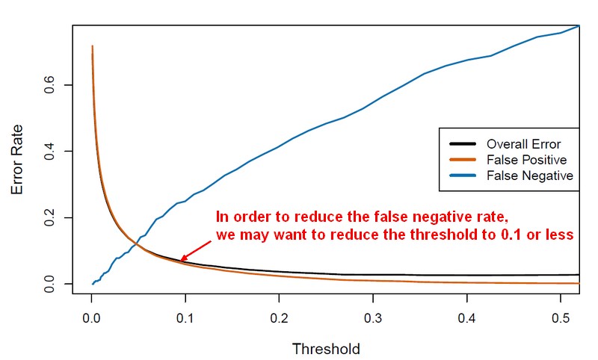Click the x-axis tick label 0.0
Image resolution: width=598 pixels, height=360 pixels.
click(92, 317)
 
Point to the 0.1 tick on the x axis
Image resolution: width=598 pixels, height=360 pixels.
click(185, 317)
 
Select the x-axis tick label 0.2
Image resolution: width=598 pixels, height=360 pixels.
click(280, 317)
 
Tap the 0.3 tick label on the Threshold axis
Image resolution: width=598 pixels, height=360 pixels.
click(373, 317)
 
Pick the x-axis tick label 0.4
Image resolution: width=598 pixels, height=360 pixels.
click(467, 317)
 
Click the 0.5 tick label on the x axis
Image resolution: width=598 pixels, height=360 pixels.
click(561, 317)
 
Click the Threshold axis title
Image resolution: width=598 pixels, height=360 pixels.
click(326, 348)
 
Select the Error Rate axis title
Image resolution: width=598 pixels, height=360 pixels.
click(18, 158)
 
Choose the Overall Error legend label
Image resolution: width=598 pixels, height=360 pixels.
click(523, 144)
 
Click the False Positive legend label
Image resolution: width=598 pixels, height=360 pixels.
click(526, 160)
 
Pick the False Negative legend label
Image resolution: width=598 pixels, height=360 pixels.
click(529, 176)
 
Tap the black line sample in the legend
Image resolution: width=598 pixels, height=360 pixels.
click(463, 144)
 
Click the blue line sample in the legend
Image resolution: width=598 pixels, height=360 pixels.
click(463, 176)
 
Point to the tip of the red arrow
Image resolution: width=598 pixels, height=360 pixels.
click(180, 261)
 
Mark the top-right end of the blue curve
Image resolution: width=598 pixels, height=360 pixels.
click(578, 27)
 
